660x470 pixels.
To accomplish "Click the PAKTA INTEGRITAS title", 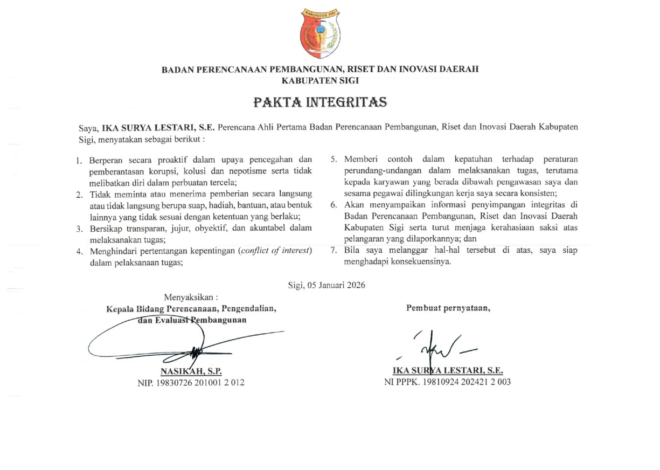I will [320, 101].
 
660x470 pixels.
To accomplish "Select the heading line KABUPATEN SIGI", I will [320, 80].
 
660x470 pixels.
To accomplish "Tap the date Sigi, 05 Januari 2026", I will [326, 285].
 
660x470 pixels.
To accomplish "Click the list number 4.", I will [79, 252].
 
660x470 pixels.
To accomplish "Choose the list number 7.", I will [334, 251].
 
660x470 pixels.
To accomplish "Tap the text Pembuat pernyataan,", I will [448, 308].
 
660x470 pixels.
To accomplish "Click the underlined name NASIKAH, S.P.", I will [191, 371].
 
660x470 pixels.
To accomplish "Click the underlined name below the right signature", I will [448, 371].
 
